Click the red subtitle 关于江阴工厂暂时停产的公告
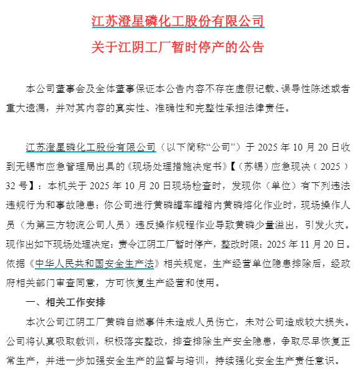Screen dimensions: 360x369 (179, 48)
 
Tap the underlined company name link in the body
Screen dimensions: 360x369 (90, 148)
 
